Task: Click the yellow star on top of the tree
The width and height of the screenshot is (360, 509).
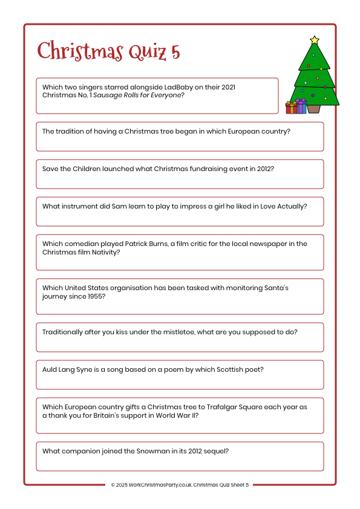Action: coord(314,41)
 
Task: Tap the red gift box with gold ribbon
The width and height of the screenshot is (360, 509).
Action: coord(291,108)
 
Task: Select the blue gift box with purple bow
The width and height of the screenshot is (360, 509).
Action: coord(301,107)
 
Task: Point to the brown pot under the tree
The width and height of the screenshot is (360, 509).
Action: coord(313,108)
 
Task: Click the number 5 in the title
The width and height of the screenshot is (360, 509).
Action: coord(175,52)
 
